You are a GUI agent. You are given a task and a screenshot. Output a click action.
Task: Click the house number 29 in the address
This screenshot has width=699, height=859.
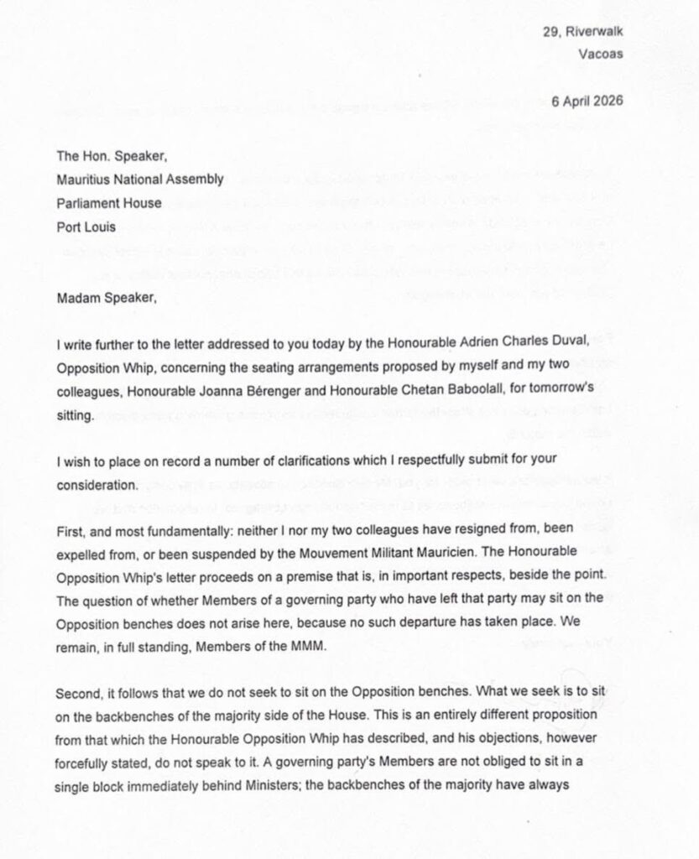coord(550,32)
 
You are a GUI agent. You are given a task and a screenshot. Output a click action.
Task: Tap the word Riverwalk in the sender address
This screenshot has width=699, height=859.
coord(595,32)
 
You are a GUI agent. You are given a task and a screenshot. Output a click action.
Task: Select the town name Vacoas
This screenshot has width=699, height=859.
coord(600,55)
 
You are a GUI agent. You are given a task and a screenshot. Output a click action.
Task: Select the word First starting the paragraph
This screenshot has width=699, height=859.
coord(71,531)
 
